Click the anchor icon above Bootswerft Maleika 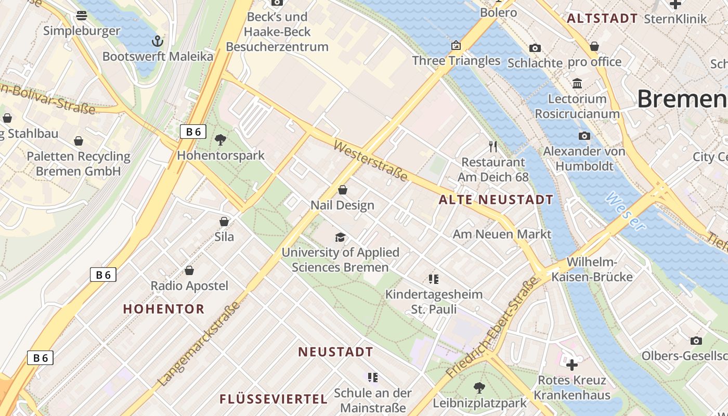(157, 41)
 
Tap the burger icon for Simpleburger (81, 16)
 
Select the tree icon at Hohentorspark (220, 139)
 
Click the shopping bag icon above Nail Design (343, 190)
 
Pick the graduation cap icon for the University (340, 237)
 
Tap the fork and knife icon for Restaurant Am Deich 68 (493, 147)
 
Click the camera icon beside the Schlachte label (535, 48)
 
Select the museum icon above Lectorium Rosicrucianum (577, 83)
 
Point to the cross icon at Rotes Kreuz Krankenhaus (572, 365)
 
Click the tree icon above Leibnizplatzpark (479, 387)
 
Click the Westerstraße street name (370, 161)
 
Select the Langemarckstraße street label (200, 344)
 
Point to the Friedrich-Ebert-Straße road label (491, 328)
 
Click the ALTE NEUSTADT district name (496, 200)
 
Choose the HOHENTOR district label (164, 309)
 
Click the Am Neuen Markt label (502, 234)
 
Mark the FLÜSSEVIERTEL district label (274, 399)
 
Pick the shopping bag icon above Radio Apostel (189, 270)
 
